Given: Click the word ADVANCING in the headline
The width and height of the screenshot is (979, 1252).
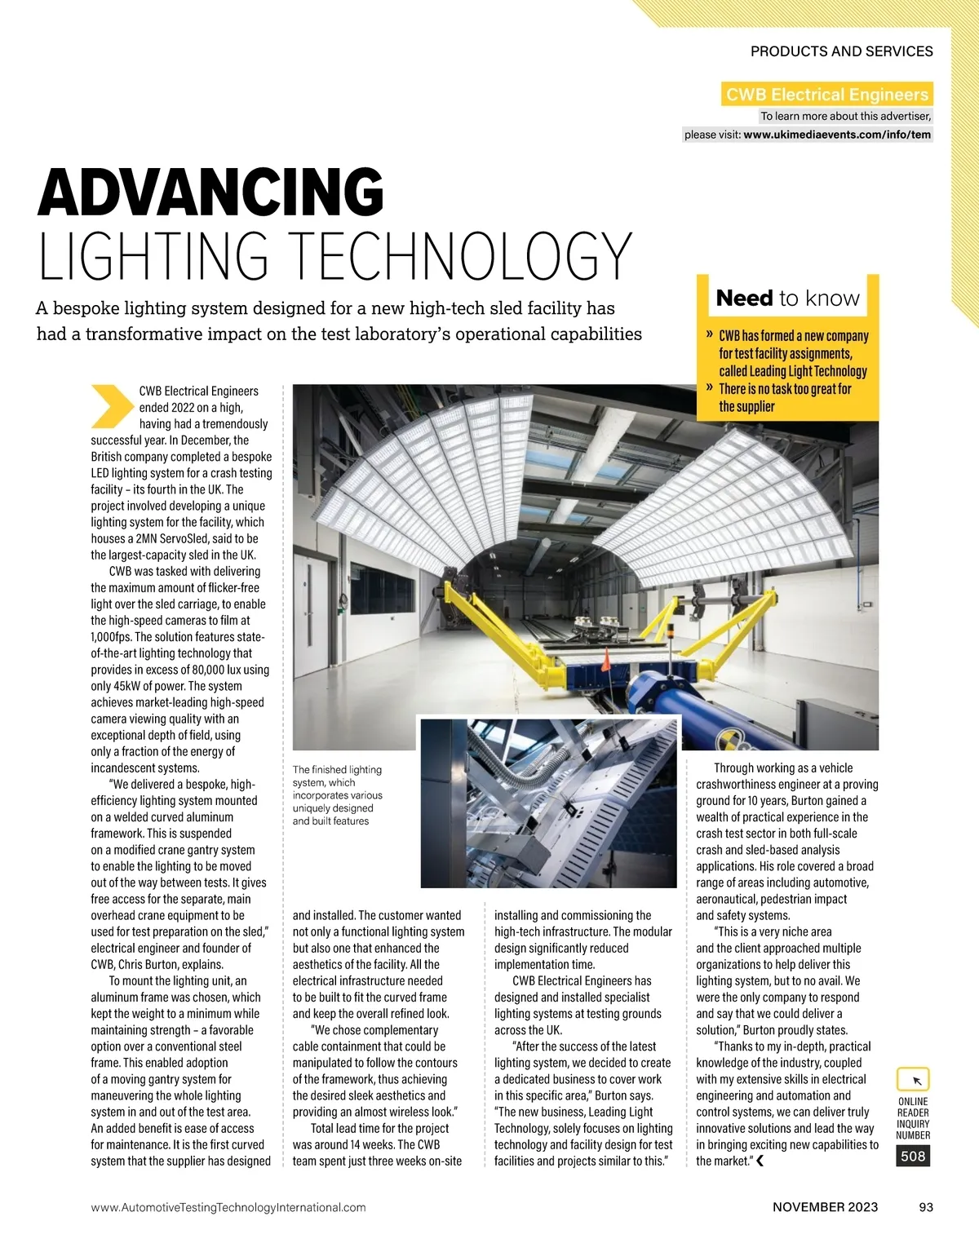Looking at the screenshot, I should pos(210,192).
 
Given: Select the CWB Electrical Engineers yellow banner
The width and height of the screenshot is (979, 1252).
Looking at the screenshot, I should pos(826,94).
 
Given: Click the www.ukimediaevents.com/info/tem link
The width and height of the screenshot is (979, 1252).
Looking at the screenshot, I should pos(836,135).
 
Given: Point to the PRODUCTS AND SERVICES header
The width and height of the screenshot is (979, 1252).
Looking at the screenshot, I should pos(841,51).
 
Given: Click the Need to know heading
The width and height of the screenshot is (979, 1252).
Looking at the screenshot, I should pos(787,299).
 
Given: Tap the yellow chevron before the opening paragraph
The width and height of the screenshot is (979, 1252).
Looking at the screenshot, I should pos(112,405).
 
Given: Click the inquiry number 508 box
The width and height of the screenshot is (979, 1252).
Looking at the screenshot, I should pos(913,1156).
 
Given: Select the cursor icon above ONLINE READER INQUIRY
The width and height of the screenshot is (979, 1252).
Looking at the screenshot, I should pos(914,1080).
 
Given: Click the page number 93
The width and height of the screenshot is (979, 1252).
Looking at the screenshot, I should pos(926,1207).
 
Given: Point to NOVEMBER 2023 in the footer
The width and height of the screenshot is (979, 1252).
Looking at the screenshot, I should pos(825,1207).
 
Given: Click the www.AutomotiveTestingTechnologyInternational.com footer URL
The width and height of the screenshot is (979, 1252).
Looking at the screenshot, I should pos(228,1207).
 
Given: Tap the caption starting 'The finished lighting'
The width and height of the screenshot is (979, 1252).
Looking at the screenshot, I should pos(337,794).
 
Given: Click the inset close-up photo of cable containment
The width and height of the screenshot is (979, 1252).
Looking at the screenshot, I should pos(548,802).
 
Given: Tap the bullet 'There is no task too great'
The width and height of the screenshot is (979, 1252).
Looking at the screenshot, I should pos(784,398).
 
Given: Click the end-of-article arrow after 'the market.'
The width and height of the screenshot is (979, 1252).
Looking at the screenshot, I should pos(760,1161).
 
